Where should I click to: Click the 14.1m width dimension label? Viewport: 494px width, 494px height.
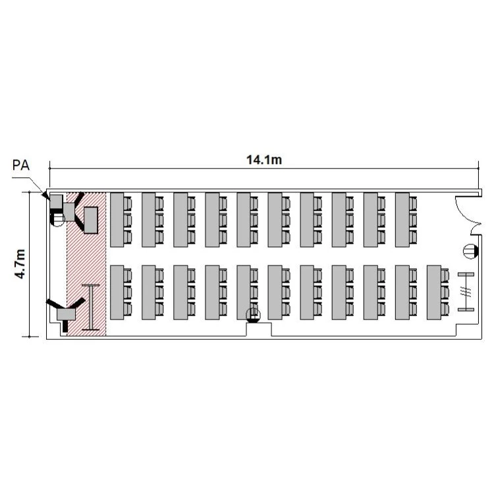(264, 160)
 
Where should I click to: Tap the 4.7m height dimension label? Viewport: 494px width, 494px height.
(20, 263)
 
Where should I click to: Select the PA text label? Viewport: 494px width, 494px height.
(21, 165)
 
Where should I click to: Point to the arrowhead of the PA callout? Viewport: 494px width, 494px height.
(46, 196)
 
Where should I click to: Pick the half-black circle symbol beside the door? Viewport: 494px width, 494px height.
(471, 252)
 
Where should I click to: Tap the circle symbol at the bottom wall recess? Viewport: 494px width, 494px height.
(254, 315)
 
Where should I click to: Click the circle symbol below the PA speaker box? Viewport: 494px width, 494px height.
(57, 219)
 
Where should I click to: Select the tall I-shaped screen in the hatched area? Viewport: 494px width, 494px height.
(91, 307)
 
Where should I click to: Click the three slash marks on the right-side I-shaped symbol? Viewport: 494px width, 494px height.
(466, 292)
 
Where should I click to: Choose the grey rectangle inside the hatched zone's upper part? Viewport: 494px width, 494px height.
(91, 220)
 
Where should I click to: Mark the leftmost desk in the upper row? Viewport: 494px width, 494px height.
(117, 219)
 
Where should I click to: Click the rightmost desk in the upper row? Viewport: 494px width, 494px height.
(402, 219)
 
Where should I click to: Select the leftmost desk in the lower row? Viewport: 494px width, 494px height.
(117, 292)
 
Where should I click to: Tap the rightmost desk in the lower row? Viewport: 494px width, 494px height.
(434, 292)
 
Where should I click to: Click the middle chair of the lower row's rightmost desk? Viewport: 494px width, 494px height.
(445, 292)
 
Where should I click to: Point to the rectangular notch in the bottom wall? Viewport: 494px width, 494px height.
(259, 329)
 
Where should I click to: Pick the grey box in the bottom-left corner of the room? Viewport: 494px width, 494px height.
(66, 314)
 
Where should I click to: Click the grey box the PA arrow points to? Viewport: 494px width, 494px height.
(57, 202)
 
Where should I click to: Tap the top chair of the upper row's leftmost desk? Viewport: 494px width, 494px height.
(127, 204)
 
